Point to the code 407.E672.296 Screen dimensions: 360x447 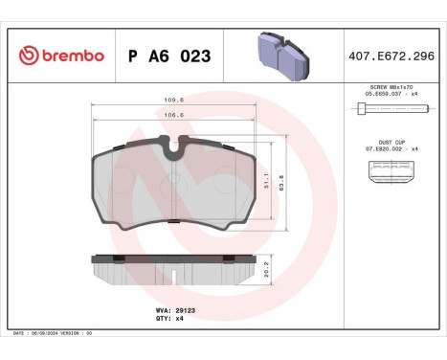pos(392,56)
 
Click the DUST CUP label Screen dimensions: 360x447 pos(392,142)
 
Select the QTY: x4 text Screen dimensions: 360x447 pos(168,319)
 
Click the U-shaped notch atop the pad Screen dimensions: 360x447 pos(174,146)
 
